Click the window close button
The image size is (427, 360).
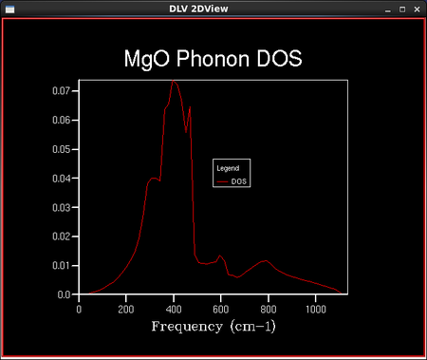(417, 9)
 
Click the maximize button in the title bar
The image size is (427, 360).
(402, 9)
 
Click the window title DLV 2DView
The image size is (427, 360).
(198, 9)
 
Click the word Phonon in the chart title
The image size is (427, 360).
(213, 59)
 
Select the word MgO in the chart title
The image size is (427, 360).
(147, 60)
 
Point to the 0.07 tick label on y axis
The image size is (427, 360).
(61, 91)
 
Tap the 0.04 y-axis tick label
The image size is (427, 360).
(61, 179)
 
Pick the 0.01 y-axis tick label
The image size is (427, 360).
(61, 265)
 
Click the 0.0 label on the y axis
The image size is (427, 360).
(64, 294)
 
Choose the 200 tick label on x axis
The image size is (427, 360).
(126, 309)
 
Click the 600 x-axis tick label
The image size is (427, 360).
(221, 309)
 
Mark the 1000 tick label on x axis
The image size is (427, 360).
(316, 309)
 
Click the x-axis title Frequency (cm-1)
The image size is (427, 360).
(213, 327)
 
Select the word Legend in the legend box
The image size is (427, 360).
(228, 168)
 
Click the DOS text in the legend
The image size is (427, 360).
(239, 181)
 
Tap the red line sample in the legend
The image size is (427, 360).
(222, 181)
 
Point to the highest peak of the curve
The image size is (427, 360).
(173, 81)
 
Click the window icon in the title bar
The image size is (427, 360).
(9, 9)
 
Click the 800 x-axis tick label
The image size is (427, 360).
(269, 309)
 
